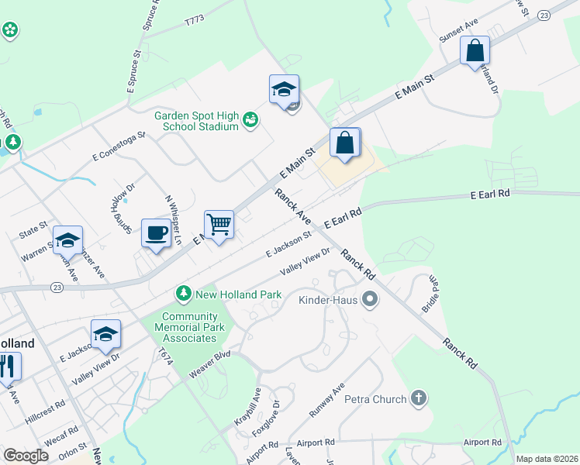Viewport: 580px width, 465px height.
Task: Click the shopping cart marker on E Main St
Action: pos(219,225)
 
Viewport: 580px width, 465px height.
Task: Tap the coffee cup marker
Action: pos(156,232)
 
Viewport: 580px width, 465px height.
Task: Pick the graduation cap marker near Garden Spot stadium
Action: pos(284,89)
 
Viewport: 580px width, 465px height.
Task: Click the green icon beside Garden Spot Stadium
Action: pos(250,119)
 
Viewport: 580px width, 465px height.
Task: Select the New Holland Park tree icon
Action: pos(184,294)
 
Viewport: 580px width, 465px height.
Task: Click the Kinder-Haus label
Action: pos(329,298)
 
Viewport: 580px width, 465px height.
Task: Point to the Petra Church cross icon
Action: pos(418,399)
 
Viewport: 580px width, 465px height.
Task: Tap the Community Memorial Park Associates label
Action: pos(190,327)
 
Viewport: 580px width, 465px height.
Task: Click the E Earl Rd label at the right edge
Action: pos(490,194)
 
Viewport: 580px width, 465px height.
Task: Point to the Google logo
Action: pos(26,456)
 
